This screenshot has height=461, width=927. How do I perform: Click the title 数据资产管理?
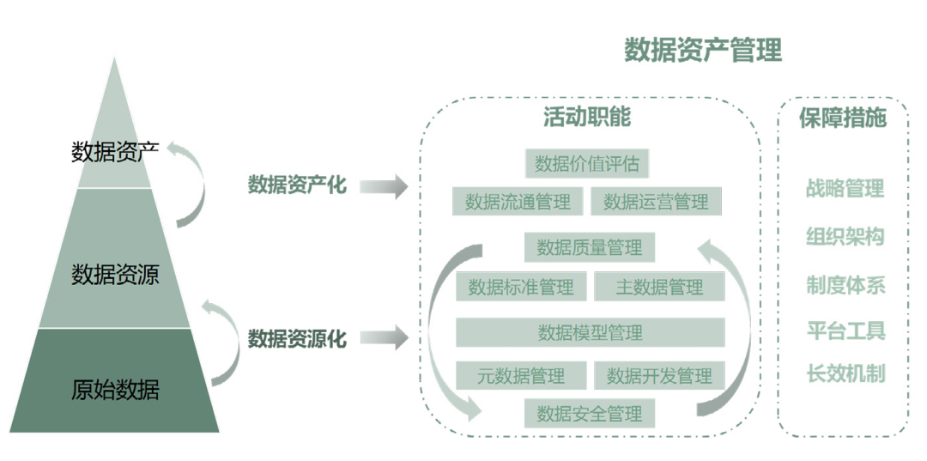pyautogui.click(x=703, y=50)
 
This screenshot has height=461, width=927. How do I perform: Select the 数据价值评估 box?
pyautogui.click(x=587, y=162)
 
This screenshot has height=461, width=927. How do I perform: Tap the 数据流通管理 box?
pyautogui.click(x=518, y=202)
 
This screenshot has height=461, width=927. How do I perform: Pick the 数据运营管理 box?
pyautogui.click(x=656, y=202)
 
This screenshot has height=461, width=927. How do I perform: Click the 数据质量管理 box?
pyautogui.click(x=590, y=247)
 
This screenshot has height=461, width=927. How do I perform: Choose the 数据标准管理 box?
pyautogui.click(x=521, y=287)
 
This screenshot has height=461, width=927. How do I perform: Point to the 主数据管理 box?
pyautogui.click(x=659, y=287)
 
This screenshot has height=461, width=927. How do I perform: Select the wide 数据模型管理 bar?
pyautogui.click(x=590, y=332)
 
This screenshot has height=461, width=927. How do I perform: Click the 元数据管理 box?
pyautogui.click(x=521, y=375)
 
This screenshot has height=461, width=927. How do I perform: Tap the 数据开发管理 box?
pyautogui.click(x=659, y=375)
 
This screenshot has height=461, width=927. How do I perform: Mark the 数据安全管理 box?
pyautogui.click(x=590, y=414)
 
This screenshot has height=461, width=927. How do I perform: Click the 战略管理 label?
pyautogui.click(x=845, y=187)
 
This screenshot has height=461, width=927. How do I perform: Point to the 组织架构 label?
pyautogui.click(x=845, y=236)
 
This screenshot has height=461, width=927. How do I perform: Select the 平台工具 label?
pyautogui.click(x=845, y=330)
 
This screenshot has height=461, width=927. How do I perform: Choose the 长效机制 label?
pyautogui.click(x=845, y=373)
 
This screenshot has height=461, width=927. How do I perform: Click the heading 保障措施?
pyautogui.click(x=842, y=118)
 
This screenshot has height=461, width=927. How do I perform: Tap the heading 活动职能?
pyautogui.click(x=587, y=118)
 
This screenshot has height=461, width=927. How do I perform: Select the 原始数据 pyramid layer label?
pyautogui.click(x=115, y=390)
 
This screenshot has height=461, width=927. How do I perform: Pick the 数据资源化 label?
pyautogui.click(x=297, y=338)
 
